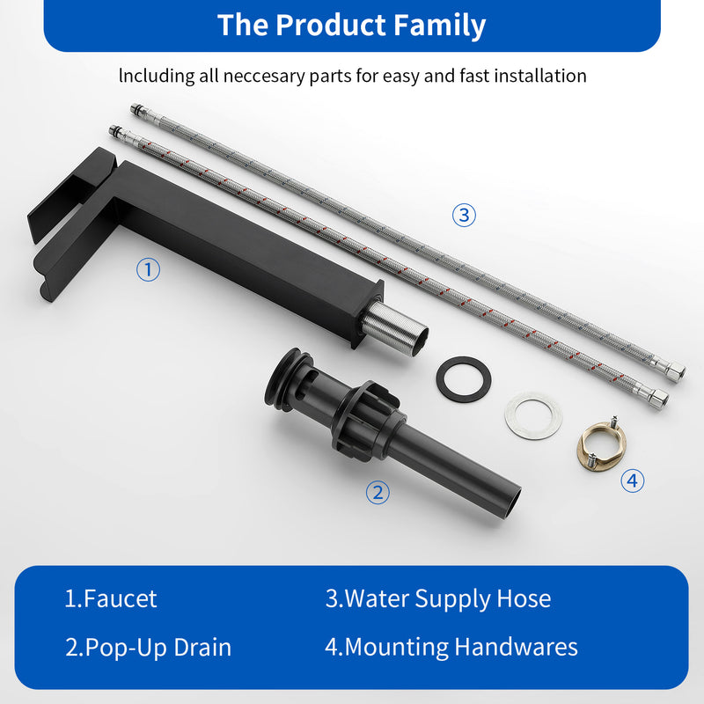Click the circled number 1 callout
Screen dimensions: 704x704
pos(149,269)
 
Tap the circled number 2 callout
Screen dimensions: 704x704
pos(378,493)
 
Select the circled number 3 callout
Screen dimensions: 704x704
pos(465,215)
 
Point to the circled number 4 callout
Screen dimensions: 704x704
pos(632,480)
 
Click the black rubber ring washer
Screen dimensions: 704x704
pos(463,379)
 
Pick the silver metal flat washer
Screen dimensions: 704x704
pos(533,415)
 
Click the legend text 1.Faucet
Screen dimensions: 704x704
pos(111,599)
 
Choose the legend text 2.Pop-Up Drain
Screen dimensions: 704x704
pos(148,648)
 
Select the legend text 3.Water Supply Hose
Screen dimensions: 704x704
pos(438,599)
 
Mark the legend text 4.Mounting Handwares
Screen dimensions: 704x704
pos(451,648)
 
